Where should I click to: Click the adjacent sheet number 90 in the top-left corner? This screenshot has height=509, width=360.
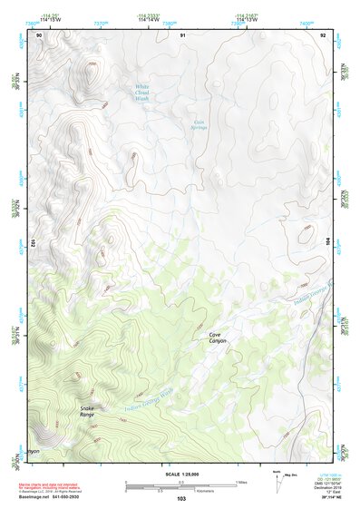pyautogui.click(x=39, y=34)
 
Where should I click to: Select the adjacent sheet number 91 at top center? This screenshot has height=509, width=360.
pyautogui.click(x=182, y=34)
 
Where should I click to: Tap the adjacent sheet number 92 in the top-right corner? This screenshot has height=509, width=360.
pyautogui.click(x=324, y=34)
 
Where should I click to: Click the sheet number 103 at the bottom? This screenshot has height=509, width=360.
pyautogui.click(x=181, y=499)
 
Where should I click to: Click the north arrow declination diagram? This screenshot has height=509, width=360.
pyautogui.click(x=277, y=478)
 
